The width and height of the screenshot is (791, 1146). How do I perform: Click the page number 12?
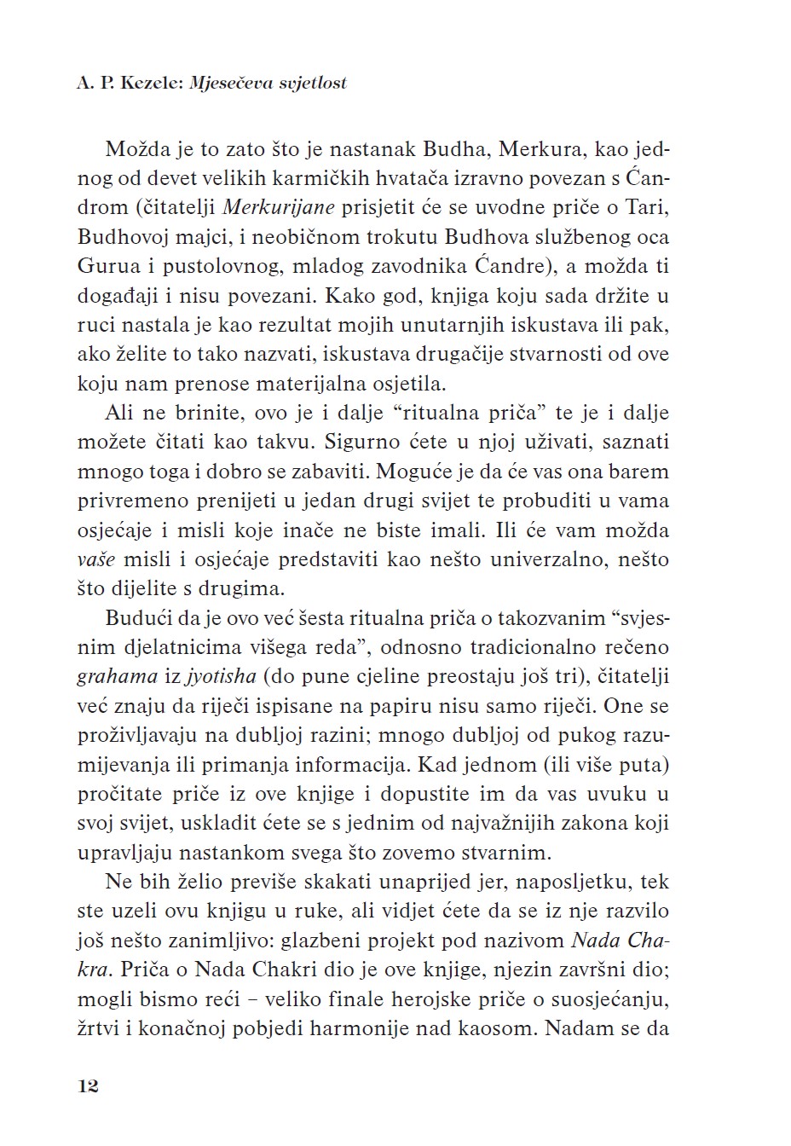click(88, 1085)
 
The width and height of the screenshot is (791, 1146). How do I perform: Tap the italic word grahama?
click(117, 677)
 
